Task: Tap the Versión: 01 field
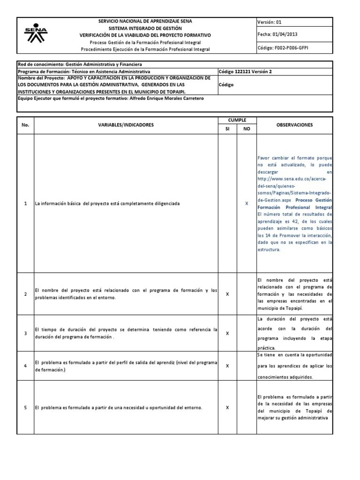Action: (x=270, y=22)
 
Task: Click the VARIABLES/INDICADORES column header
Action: (x=126, y=125)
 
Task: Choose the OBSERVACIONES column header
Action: (x=294, y=125)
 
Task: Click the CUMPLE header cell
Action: (x=237, y=120)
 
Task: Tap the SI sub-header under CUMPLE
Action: (x=227, y=129)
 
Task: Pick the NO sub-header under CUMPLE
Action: (x=247, y=129)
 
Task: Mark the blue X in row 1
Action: (x=247, y=204)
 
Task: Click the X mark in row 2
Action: (x=227, y=294)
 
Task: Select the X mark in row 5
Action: (x=227, y=407)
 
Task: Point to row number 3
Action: (x=26, y=333)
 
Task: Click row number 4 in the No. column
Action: (x=26, y=366)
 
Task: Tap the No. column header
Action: (x=26, y=125)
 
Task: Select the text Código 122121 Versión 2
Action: (x=245, y=71)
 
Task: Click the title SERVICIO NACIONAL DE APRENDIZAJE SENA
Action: (x=145, y=21)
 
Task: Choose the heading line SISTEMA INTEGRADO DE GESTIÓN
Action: (x=145, y=28)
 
